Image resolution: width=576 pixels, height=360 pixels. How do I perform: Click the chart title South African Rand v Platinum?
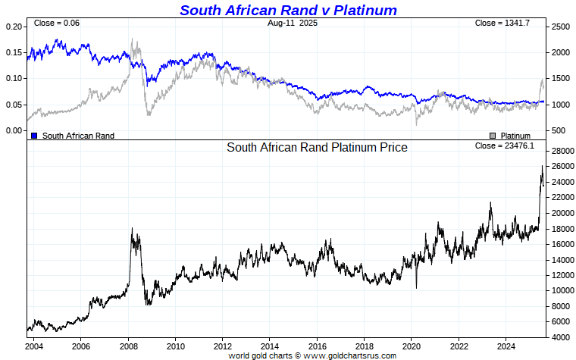pos(288,10)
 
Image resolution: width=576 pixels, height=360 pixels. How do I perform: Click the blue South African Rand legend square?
pos(34,136)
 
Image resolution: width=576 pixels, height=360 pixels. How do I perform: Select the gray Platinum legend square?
pos(493,136)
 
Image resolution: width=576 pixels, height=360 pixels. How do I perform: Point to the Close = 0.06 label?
pos(57,23)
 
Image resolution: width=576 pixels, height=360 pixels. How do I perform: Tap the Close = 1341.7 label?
pos(502,23)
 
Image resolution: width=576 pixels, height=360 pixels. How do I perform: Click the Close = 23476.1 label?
pos(504,146)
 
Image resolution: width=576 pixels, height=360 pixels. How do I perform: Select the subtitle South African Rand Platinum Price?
pos(317,148)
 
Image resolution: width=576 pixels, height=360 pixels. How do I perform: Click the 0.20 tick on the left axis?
pos(14,27)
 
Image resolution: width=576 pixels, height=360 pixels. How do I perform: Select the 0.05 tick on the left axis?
pos(14,105)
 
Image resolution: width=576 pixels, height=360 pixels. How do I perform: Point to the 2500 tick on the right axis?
pos(560,27)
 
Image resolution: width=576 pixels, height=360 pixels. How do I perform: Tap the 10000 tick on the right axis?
pos(562,290)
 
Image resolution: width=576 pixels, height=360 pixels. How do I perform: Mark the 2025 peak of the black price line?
pos(542,166)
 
